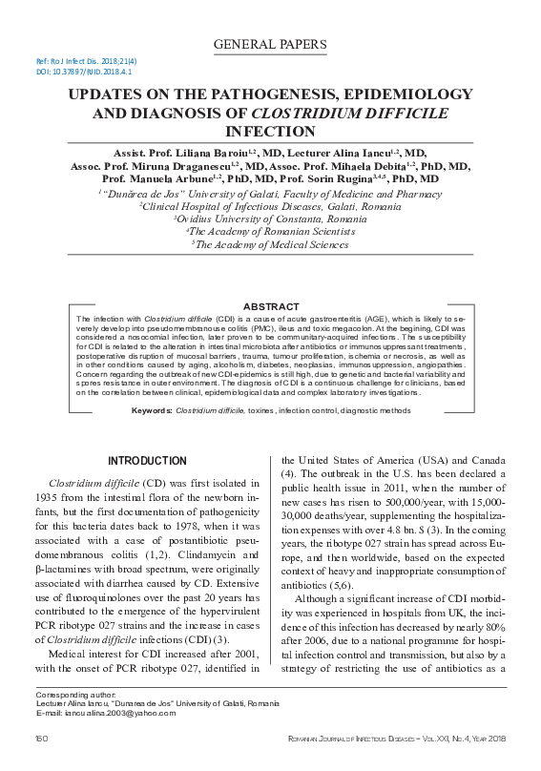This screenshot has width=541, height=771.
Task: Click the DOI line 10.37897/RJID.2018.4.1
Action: click(x=84, y=72)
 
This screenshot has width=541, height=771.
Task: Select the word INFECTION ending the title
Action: click(x=270, y=131)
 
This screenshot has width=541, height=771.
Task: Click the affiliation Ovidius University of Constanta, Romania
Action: click(x=270, y=219)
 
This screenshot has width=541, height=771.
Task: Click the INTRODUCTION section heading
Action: click(x=147, y=461)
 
